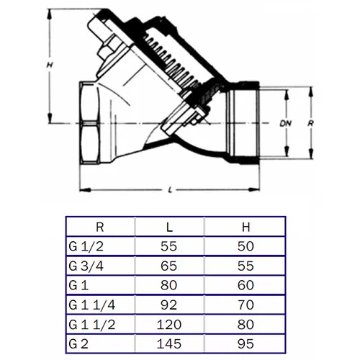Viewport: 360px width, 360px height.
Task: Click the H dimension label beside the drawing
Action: coord(50,65)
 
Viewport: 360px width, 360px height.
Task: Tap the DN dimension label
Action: coord(286,123)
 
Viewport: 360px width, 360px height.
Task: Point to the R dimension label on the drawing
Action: coord(310,123)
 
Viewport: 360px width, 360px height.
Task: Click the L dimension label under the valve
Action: coord(170,190)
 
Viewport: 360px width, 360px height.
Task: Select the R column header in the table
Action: coord(100,227)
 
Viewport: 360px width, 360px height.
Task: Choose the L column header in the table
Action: coord(169,227)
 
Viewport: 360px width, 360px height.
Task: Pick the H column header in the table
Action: coord(246,227)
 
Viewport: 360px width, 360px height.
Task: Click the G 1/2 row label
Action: coord(86,246)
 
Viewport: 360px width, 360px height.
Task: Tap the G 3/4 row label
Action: coord(86,266)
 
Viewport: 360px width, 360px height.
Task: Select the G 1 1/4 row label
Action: coord(92,305)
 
